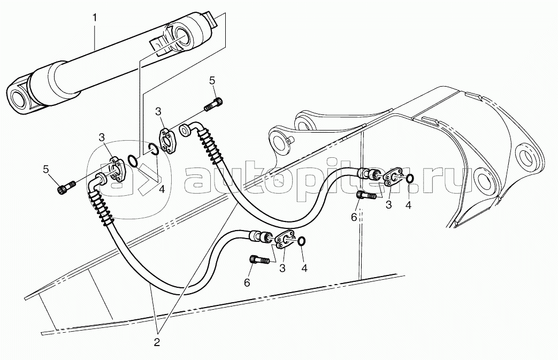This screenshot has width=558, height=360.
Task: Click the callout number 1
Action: pyautogui.click(x=94, y=18)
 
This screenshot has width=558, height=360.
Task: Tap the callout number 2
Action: pyautogui.click(x=157, y=342)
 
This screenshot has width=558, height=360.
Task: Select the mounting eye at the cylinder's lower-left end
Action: pyautogui.click(x=18, y=96)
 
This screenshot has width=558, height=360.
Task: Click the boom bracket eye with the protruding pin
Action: pyautogui.click(x=280, y=140)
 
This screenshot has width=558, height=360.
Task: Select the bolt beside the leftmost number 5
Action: pyautogui.click(x=66, y=187)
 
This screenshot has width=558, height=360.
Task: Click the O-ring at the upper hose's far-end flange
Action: pyautogui.click(x=409, y=178)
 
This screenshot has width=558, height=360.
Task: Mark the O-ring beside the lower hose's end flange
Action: pyautogui.click(x=301, y=242)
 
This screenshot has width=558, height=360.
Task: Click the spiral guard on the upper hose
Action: pyautogui.click(x=210, y=146)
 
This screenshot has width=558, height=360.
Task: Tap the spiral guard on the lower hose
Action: pyautogui.click(x=102, y=208)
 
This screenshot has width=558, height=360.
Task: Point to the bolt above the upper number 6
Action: pyautogui.click(x=365, y=195)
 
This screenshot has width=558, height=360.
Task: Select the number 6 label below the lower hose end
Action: pyautogui.click(x=247, y=282)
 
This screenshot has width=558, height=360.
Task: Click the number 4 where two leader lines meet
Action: pyautogui.click(x=162, y=189)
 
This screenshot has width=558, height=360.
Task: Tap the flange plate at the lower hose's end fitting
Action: pyautogui.click(x=285, y=241)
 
